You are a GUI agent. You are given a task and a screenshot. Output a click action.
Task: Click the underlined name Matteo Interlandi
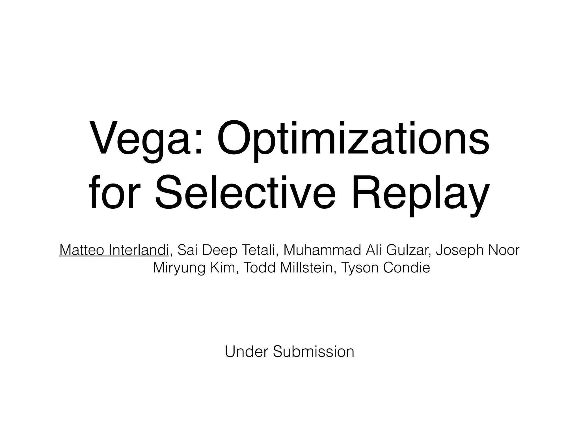[114, 250]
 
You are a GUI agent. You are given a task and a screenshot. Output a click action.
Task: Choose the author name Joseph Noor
[478, 250]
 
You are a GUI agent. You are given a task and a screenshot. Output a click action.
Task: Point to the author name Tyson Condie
[386, 268]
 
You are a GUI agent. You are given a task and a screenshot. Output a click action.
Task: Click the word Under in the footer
[246, 352]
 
